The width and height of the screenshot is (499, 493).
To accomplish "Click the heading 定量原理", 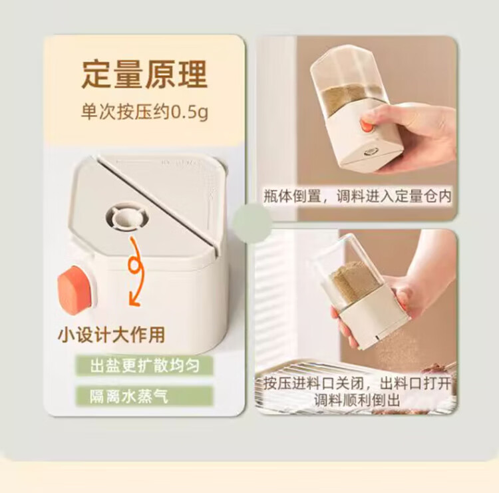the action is tap(144, 75).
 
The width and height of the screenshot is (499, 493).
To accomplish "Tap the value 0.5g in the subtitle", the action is tap(190, 112).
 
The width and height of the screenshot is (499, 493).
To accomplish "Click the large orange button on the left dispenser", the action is tap(74, 290).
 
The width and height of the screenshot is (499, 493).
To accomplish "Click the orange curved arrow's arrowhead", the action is tap(135, 300).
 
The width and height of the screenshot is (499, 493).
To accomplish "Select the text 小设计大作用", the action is tap(112, 335).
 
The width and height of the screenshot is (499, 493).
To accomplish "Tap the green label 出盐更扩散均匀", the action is tap(144, 365).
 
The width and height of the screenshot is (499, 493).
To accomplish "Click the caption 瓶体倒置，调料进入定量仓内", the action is tap(358, 196).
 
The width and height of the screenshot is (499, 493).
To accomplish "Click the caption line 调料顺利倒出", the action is tap(357, 400).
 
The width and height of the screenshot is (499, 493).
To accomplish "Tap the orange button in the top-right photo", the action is tap(366, 125).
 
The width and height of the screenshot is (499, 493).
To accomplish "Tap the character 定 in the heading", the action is tap(96, 75).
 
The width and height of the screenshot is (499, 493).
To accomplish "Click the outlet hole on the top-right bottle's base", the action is tap(372, 152).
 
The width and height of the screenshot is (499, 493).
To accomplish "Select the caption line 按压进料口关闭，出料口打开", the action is tap(358, 383).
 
